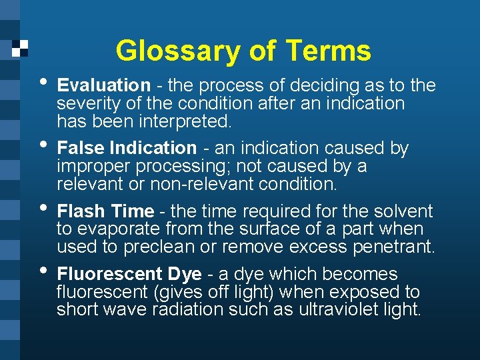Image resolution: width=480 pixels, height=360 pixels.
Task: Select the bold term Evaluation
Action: click(103, 85)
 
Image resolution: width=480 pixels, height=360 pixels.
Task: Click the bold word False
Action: click(81, 147)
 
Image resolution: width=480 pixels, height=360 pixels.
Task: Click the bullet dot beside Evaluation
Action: click(43, 82)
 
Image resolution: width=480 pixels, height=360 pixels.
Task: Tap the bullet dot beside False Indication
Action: click(43, 144)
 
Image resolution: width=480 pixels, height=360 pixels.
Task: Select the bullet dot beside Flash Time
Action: click(43, 207)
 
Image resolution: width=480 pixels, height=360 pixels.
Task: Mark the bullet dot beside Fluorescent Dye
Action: click(43, 271)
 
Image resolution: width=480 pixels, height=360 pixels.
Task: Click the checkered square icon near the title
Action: click(21, 48)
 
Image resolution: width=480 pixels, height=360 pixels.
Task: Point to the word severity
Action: click(83, 104)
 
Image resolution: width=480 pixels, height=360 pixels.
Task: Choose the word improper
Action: click(88, 166)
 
